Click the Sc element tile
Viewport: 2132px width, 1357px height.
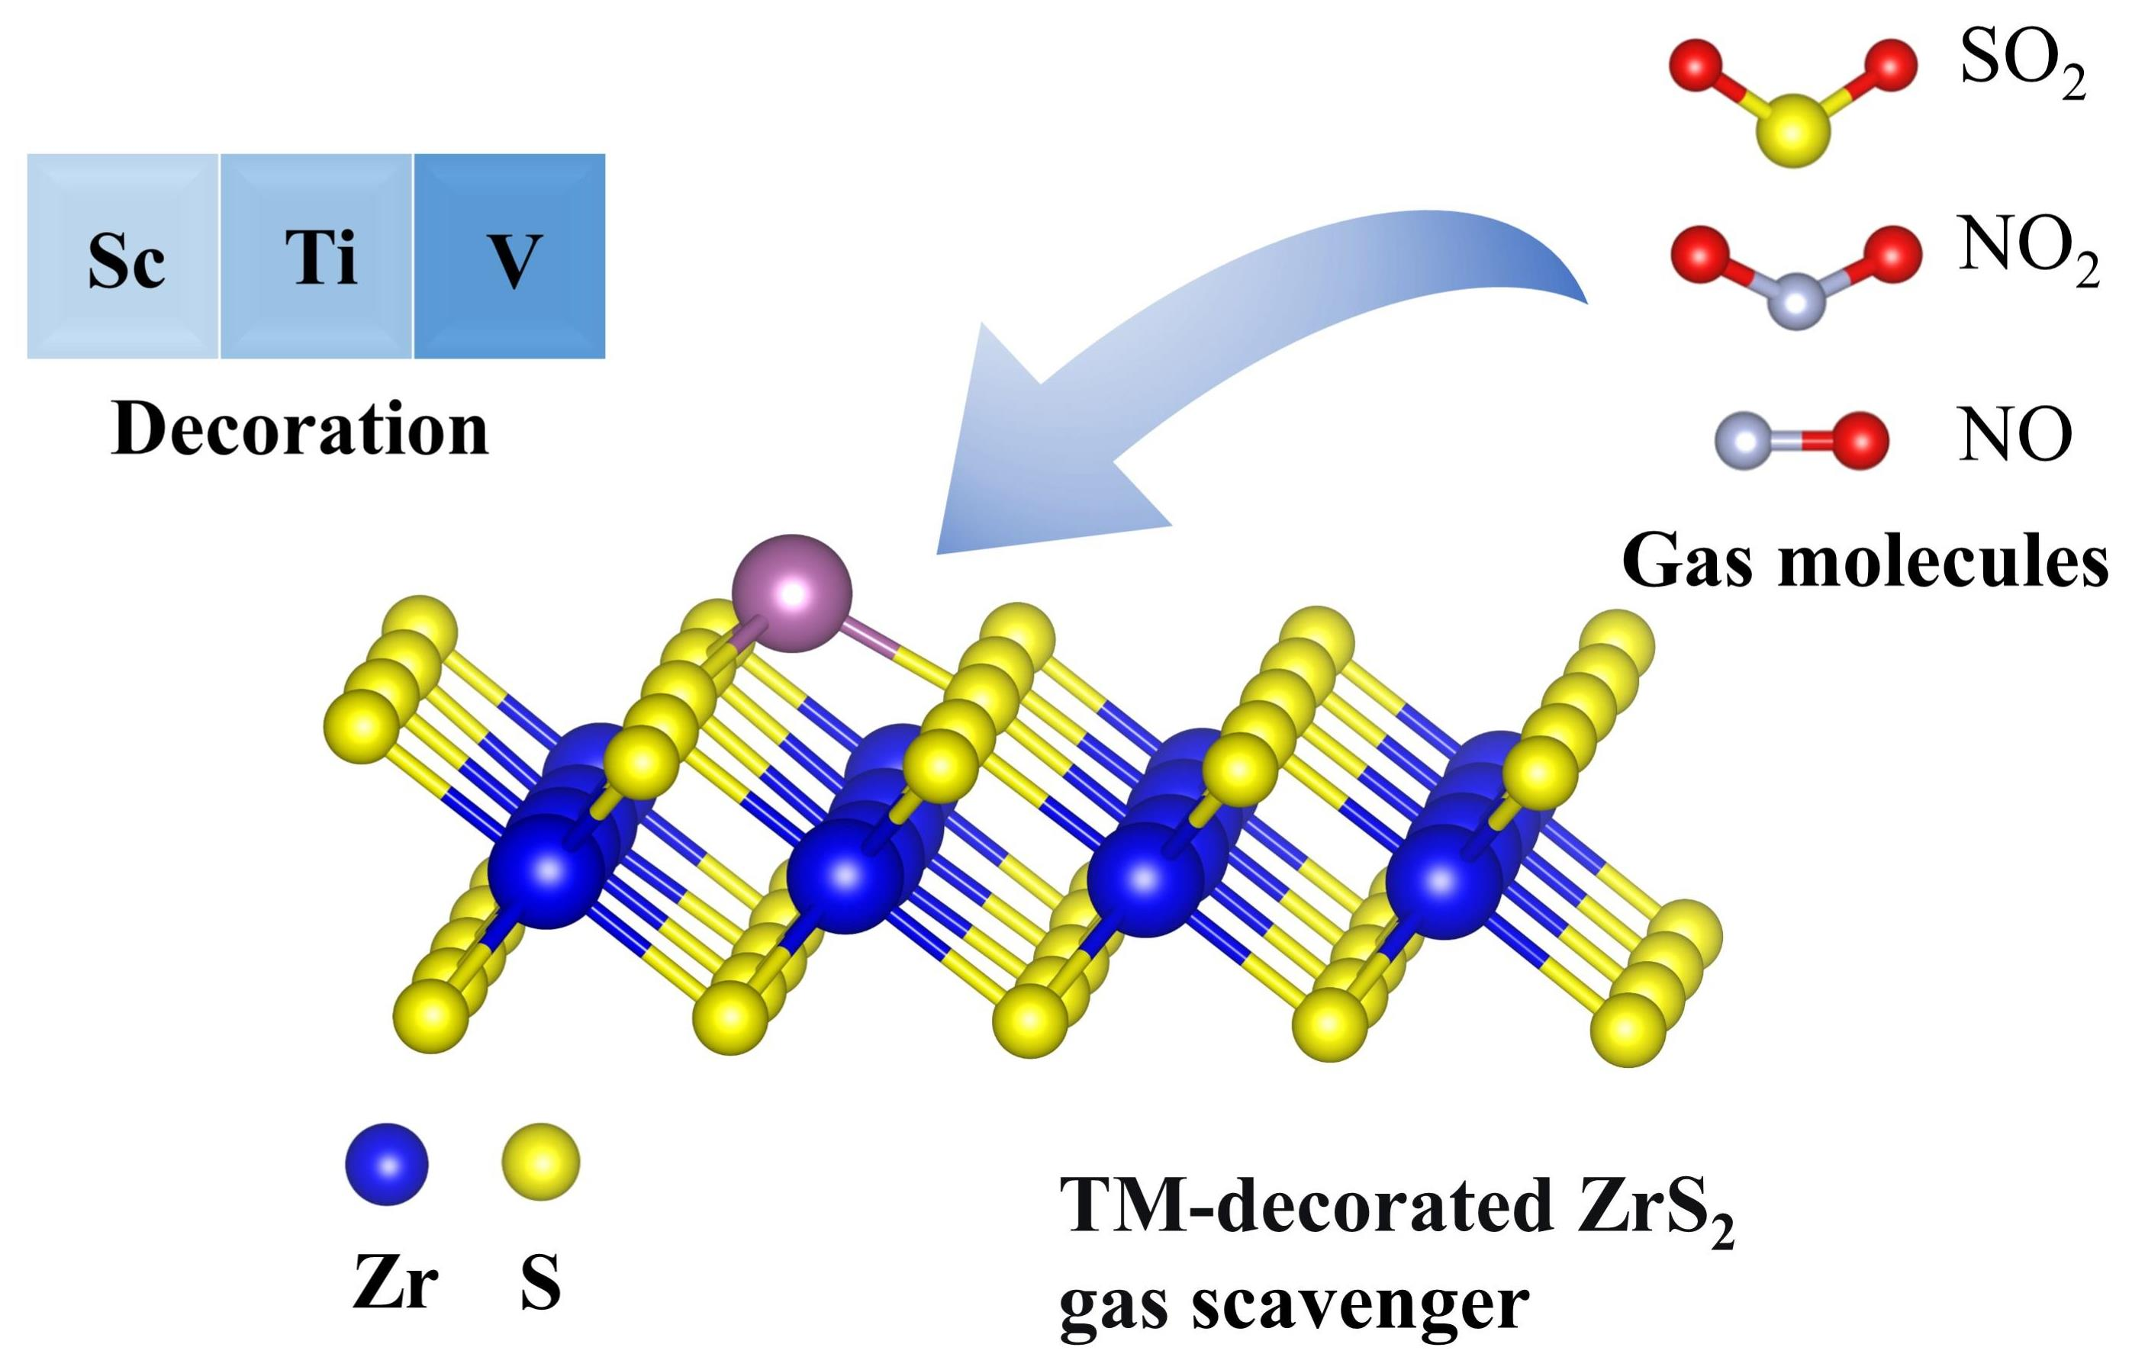click(x=123, y=257)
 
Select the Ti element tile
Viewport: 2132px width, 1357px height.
click(x=317, y=257)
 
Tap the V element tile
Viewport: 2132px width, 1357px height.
click(x=510, y=257)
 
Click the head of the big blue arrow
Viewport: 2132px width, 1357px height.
click(x=1018, y=460)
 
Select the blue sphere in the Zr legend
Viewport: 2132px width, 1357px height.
click(x=386, y=1164)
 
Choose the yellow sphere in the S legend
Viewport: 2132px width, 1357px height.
click(x=540, y=1162)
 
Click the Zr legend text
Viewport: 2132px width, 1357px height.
click(x=395, y=1284)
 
